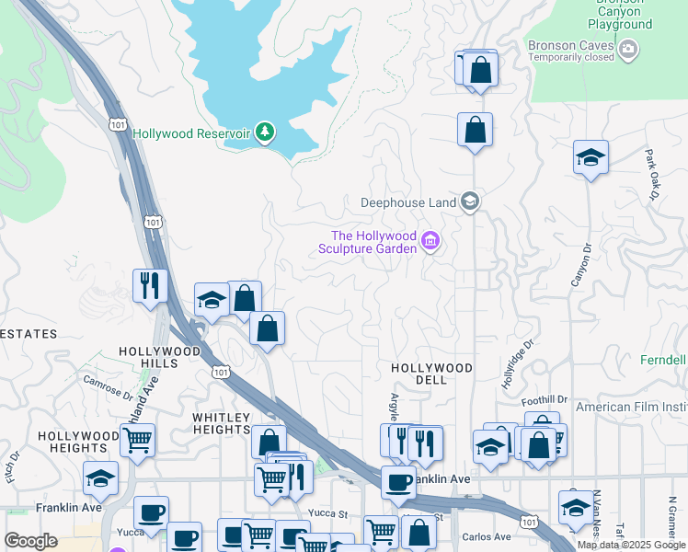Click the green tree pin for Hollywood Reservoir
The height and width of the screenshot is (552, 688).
pyautogui.click(x=265, y=133)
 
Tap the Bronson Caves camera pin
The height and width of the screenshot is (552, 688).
pyautogui.click(x=629, y=51)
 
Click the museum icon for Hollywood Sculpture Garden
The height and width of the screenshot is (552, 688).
pyautogui.click(x=430, y=242)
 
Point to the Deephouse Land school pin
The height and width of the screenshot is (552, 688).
pyautogui.click(x=470, y=201)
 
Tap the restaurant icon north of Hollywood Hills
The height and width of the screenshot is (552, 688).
pyautogui.click(x=148, y=285)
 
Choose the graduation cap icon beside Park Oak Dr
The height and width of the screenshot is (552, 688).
pyautogui.click(x=590, y=157)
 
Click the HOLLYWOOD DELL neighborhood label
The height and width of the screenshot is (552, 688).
pyautogui.click(x=431, y=368)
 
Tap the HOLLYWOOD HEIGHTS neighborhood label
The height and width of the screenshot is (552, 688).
pyautogui.click(x=78, y=443)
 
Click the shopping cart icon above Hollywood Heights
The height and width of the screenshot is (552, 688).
pyautogui.click(x=137, y=440)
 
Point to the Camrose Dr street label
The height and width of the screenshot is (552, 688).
pyautogui.click(x=109, y=385)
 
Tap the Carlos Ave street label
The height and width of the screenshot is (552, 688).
pyautogui.click(x=487, y=536)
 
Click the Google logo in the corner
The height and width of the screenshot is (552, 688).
pyautogui.click(x=30, y=541)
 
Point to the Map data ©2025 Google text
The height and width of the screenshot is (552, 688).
pyautogui.click(x=631, y=545)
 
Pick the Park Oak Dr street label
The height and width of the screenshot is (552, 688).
pyautogui.click(x=651, y=175)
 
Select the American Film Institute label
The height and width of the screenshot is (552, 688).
pyautogui.click(x=631, y=407)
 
